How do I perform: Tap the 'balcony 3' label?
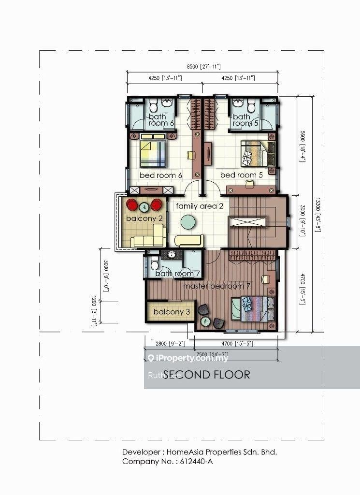point(172,312)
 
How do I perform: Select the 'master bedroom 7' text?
point(216,286)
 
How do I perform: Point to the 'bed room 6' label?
point(160,175)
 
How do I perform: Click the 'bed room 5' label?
point(241,175)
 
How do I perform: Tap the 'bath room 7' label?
point(178,274)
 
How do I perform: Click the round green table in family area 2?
point(187,222)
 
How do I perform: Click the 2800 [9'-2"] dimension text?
point(169,344)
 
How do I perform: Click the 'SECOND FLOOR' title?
point(207,375)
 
